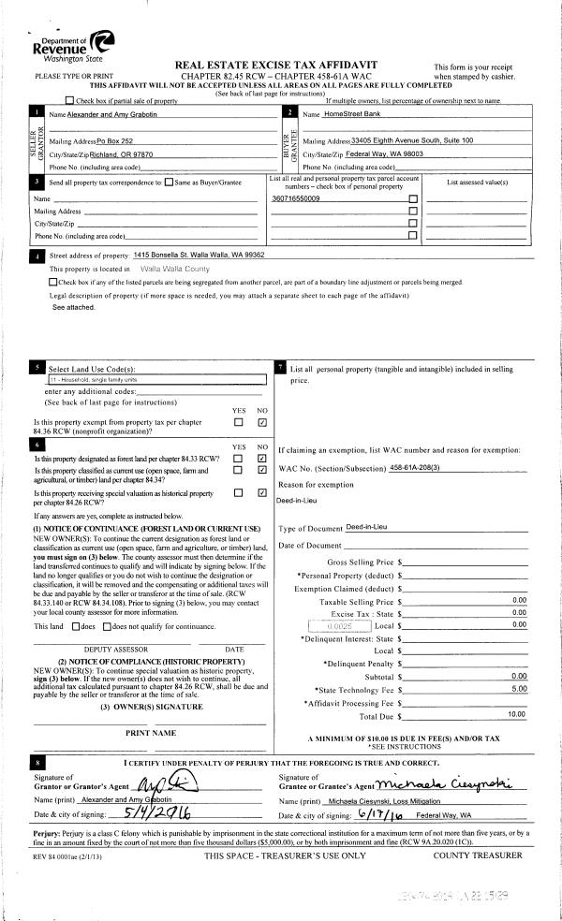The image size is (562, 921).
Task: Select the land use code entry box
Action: point(140,380)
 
